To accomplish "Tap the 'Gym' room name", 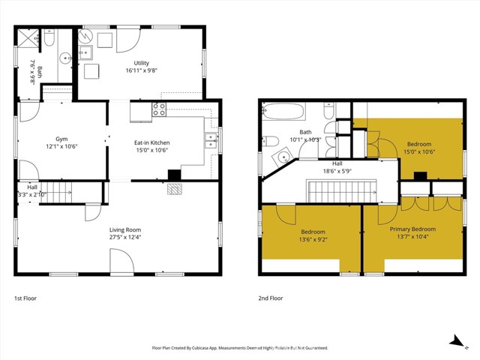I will pos(61,138).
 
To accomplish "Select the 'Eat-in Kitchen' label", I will pos(151,142).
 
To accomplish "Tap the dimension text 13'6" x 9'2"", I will pos(313,240).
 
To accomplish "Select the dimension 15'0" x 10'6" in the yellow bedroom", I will pos(419,151).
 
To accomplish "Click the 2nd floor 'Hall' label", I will pos(338,163).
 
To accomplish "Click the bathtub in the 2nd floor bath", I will pos(283,112).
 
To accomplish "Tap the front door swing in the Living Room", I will pos(119,262).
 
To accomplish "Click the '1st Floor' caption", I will pos(25,298).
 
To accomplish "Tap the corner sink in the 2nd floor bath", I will pos(283,157).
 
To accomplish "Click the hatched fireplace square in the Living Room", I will pos(174,189).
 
